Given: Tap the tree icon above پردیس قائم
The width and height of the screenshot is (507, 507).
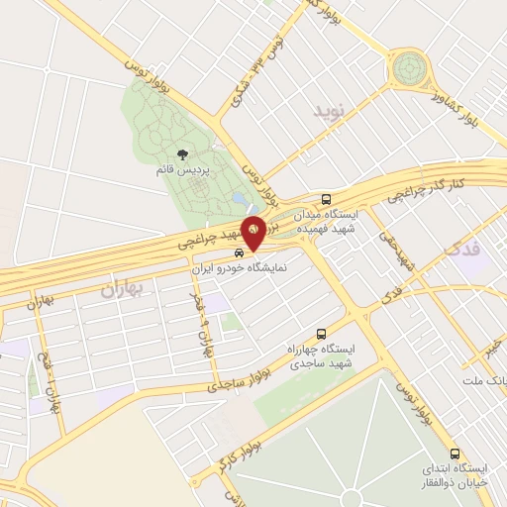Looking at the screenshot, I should pyautogui.click(x=183, y=153).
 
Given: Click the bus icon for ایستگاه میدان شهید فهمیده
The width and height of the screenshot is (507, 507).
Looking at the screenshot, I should pyautogui.click(x=327, y=198).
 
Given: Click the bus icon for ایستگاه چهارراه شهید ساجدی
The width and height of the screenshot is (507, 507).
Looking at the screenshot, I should pyautogui.click(x=320, y=334).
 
